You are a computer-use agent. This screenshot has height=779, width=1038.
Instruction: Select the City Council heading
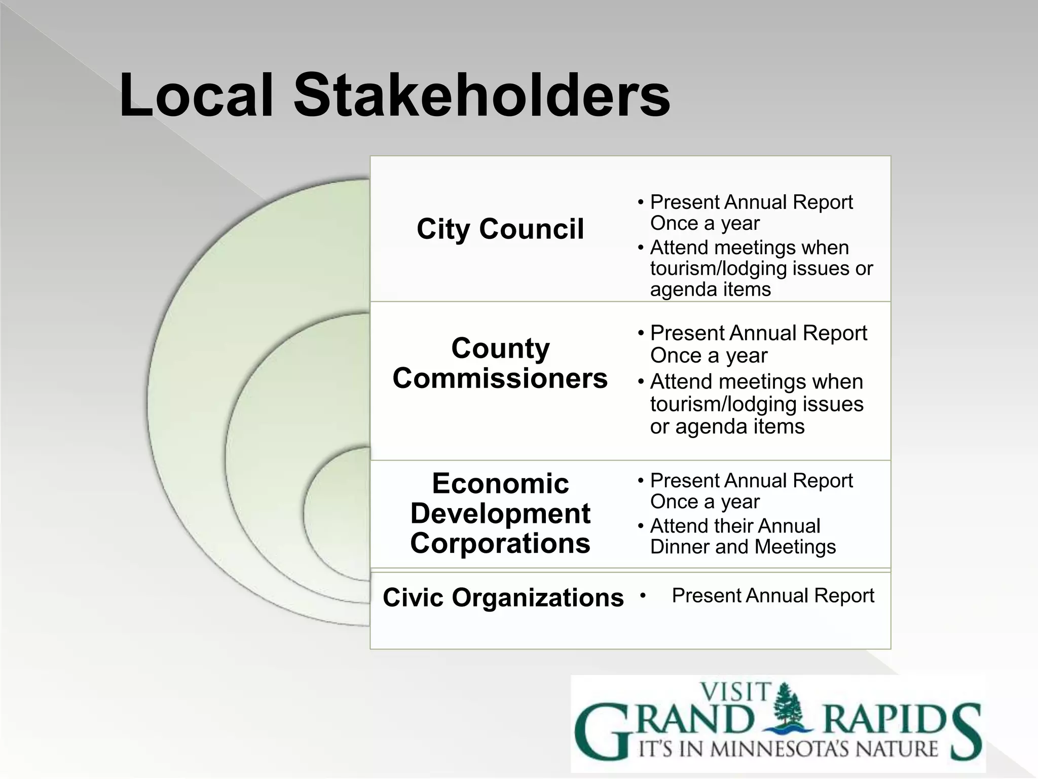(500, 229)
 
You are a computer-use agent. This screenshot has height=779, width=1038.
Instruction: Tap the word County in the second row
(500, 348)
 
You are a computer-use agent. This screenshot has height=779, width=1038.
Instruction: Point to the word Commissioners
(500, 378)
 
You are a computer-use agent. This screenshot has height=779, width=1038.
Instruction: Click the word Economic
(500, 483)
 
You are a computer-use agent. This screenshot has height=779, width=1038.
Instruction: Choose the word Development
(500, 513)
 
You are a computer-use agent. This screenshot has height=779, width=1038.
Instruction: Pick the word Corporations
(500, 543)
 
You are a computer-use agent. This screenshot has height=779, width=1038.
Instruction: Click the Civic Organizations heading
(503, 597)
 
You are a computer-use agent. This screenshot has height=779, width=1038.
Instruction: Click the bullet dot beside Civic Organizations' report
(643, 595)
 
